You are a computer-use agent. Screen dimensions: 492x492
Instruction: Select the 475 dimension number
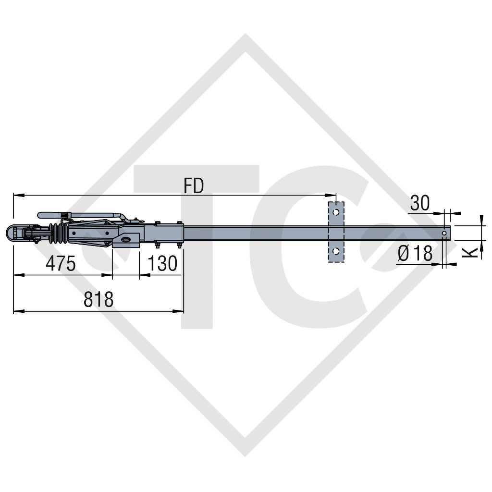click(x=61, y=263)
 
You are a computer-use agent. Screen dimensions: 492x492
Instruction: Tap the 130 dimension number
click(x=162, y=263)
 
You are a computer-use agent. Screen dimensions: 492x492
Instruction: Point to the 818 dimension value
click(x=98, y=299)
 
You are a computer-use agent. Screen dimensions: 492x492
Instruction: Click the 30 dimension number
click(x=419, y=203)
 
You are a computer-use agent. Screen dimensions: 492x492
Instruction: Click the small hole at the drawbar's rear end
click(x=445, y=234)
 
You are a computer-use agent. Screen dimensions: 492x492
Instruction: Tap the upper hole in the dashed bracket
click(x=336, y=212)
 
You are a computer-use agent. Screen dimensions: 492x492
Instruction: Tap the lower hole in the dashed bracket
click(x=336, y=251)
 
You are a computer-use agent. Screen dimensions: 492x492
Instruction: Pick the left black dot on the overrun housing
click(x=74, y=233)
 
